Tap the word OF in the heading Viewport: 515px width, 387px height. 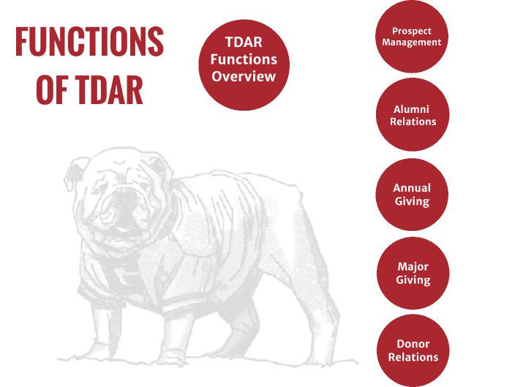(52, 89)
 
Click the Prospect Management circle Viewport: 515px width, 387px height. (412, 37)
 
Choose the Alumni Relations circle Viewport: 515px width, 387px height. (412, 115)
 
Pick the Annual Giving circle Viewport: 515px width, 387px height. (412, 194)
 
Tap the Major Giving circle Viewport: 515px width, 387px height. (412, 273)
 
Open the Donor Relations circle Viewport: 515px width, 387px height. (412, 350)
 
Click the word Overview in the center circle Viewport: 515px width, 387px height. (244, 75)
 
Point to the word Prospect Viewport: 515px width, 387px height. (412, 31)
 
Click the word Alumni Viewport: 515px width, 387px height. (412, 109)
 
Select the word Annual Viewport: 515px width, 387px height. (412, 188)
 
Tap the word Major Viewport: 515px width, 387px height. (412, 266)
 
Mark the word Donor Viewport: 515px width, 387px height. (413, 344)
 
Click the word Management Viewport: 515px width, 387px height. (413, 43)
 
